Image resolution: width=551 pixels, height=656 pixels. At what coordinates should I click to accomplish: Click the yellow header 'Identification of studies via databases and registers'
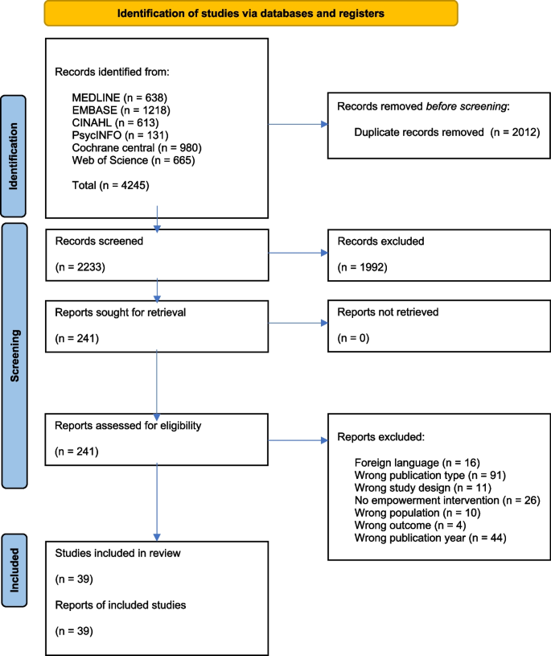(x=250, y=14)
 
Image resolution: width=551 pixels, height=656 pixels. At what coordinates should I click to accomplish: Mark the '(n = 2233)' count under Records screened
(x=77, y=265)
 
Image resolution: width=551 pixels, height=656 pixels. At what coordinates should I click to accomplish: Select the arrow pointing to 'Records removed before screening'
(x=298, y=124)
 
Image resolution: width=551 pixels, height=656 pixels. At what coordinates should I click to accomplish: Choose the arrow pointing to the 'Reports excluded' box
(x=298, y=441)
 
